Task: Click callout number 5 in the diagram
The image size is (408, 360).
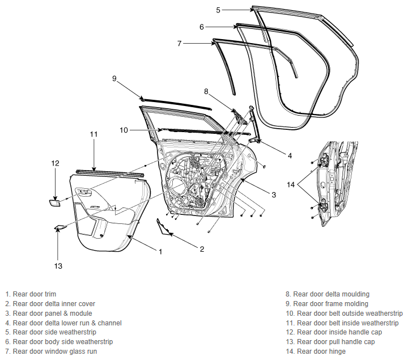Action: (x=218, y=10)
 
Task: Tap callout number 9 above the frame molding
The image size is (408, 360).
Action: (x=114, y=78)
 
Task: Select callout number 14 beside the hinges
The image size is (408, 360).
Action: (x=291, y=185)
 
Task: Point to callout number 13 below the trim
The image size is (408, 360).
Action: (x=58, y=266)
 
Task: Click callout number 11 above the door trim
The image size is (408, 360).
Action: (x=93, y=134)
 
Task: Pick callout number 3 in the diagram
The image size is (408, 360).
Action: (x=274, y=194)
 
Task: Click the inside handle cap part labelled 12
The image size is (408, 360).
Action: (x=55, y=203)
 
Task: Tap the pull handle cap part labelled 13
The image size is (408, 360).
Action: (x=60, y=227)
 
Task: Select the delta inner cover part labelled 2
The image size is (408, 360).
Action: (x=163, y=227)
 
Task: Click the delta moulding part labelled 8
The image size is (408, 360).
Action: (x=240, y=117)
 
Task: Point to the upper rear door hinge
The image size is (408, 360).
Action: (x=325, y=160)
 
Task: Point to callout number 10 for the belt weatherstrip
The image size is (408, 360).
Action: (x=124, y=130)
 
